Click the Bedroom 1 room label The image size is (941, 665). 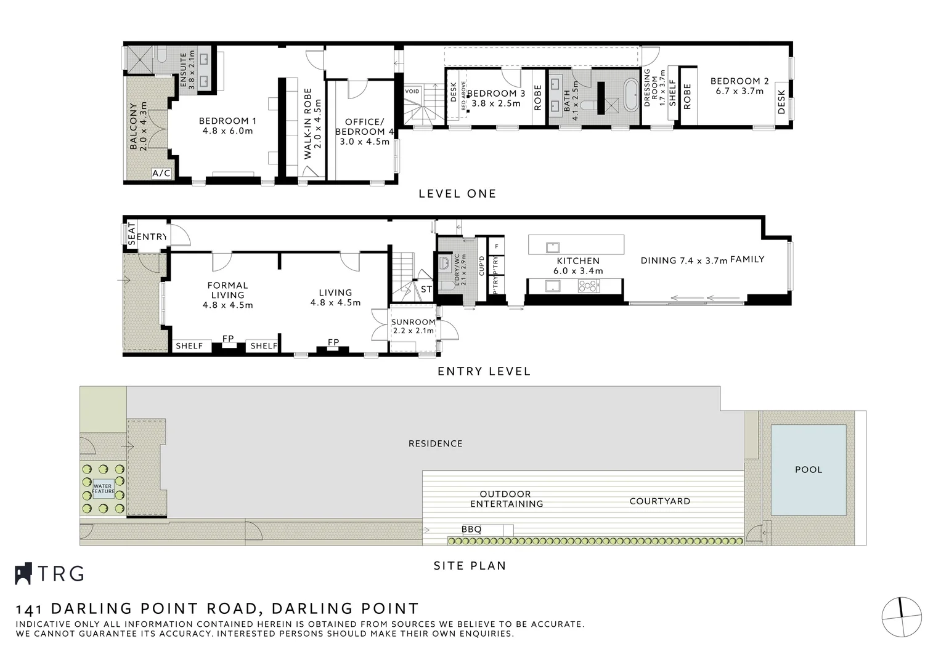pos(227,126)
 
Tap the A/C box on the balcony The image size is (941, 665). pos(161,174)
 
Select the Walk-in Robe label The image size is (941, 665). pos(312,124)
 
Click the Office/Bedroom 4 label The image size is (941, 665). pos(364,132)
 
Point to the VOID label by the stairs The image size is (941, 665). pos(412,92)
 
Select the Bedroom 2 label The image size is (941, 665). pos(739,86)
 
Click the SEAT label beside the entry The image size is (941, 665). pos(131,234)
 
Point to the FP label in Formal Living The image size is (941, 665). pos(228,339)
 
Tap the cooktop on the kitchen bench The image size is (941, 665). pos(588,286)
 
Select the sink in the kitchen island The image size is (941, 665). pos(552,247)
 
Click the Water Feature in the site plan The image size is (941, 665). pos(103,489)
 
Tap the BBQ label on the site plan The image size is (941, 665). pos(471,530)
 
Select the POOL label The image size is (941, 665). pos(808,469)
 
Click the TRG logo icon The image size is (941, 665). pos(23,573)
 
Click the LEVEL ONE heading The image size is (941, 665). pos(457,193)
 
